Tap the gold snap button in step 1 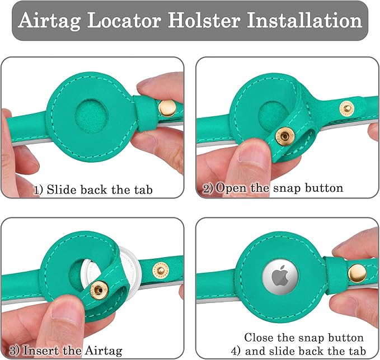point(165,106)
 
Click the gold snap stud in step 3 point(99,290)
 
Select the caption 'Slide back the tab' point(100,190)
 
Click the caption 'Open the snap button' point(279,188)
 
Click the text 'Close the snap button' point(304,338)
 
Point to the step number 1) point(39,190)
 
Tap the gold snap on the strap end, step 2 point(347,107)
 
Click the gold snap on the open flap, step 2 point(285,135)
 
